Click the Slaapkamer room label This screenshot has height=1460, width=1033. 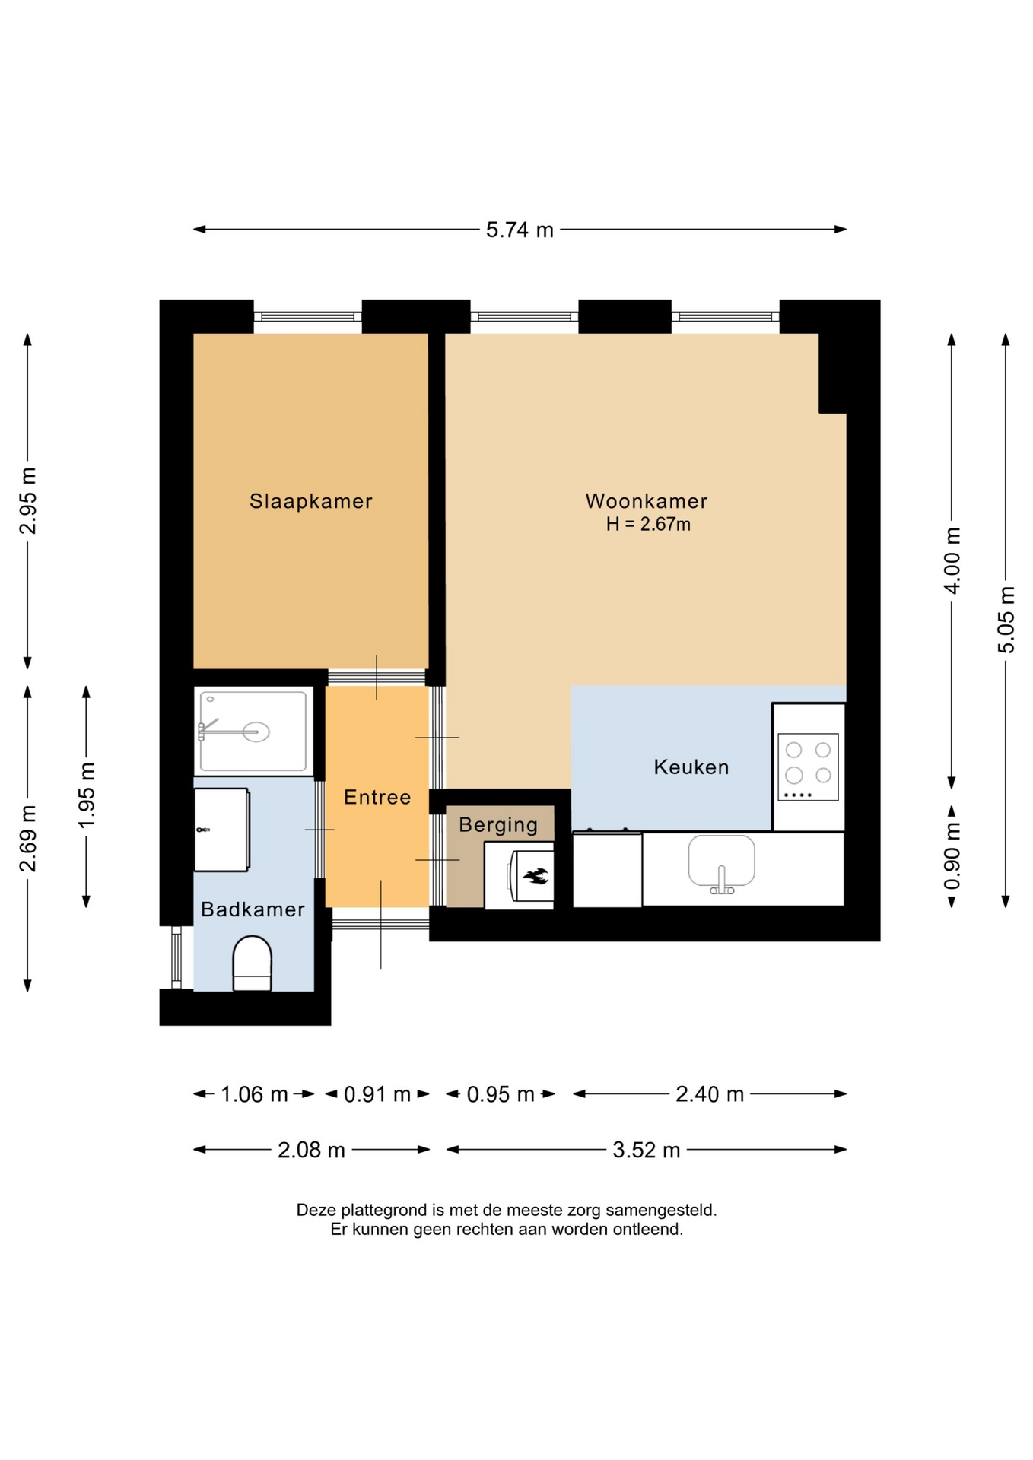pos(310,501)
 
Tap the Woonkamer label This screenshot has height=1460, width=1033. pos(647,501)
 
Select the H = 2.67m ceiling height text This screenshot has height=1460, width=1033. pos(648,524)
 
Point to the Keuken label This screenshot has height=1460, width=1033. pos(691,766)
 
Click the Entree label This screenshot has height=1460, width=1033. pos(377,797)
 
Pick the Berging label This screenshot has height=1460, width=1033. pos(498,825)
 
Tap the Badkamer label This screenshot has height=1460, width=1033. pos(253,909)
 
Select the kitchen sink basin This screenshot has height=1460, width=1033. pos(721,862)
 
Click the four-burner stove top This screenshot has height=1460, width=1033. pos(808,766)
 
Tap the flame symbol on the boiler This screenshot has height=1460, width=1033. pos(536,876)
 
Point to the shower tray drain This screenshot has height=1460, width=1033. pos(256,732)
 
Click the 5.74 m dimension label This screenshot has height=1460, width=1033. pos(520,230)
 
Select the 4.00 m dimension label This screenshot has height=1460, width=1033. pos(952,559)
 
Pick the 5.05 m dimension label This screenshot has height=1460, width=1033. pos(1006,619)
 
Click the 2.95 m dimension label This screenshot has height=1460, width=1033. pos(27,501)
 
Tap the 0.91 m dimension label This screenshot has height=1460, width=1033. pos(377,1094)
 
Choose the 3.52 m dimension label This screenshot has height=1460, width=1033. pos(647,1150)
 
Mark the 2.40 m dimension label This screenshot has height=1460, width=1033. pos(710,1094)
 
